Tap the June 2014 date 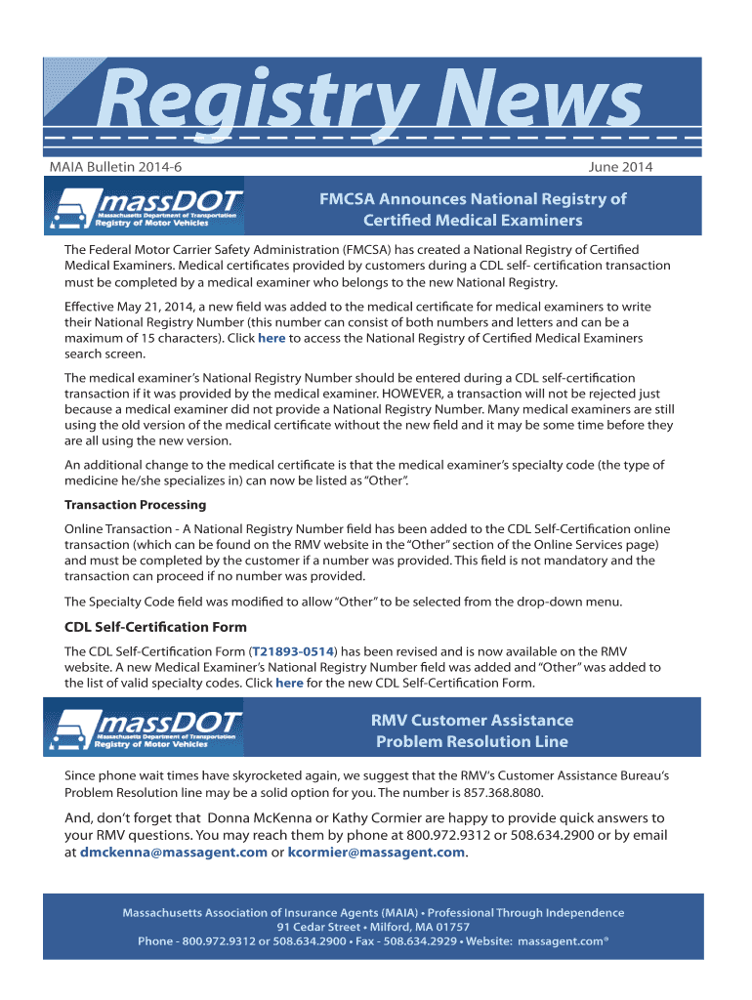point(621,167)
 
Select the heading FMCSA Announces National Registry point(472,209)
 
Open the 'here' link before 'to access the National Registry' point(272,338)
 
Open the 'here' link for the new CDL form point(289,683)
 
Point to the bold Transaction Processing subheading point(135,505)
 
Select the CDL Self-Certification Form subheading point(155,627)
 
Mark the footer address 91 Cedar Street point(325,927)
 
